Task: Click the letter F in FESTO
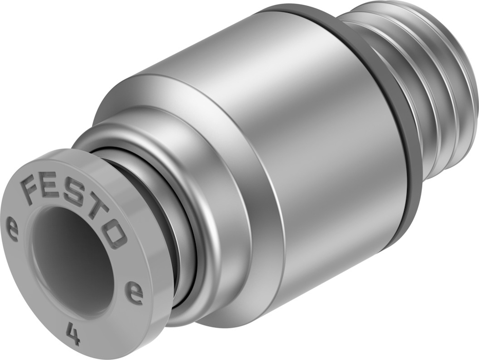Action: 32,188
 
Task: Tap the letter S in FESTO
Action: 74,196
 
